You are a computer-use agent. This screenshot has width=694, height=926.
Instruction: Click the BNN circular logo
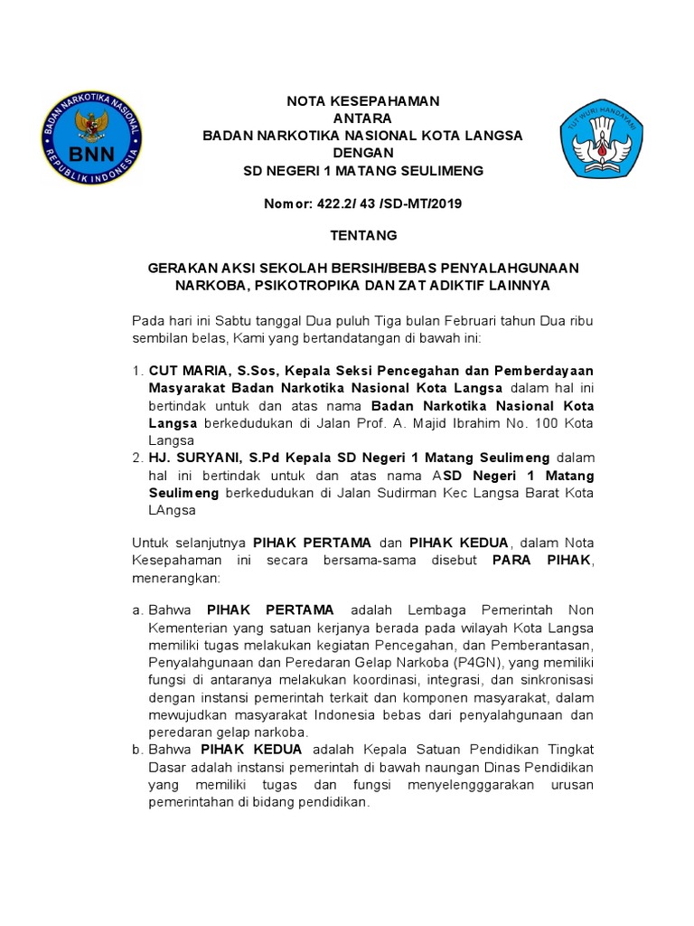(x=91, y=137)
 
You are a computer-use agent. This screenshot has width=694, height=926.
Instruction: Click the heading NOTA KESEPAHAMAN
(x=362, y=101)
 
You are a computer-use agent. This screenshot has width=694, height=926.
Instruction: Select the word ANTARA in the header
(x=362, y=118)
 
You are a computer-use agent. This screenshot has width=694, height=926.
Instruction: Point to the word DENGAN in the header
(x=362, y=153)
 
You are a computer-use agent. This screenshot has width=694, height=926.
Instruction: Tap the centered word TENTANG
(x=362, y=235)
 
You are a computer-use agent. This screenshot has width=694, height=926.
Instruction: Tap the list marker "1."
(x=137, y=372)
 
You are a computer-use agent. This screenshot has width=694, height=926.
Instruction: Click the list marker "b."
(x=137, y=751)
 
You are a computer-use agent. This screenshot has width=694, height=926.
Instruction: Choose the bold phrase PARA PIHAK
(x=540, y=561)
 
